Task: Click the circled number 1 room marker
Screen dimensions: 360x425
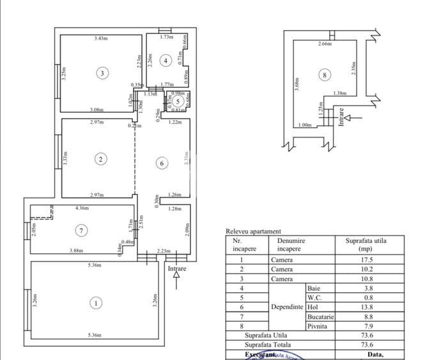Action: (x=96, y=304)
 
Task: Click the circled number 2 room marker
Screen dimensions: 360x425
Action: (x=100, y=159)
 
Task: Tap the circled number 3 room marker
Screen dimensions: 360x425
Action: (x=103, y=73)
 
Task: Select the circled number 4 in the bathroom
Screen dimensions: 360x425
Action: (x=165, y=61)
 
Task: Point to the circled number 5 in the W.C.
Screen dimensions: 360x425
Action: (x=179, y=101)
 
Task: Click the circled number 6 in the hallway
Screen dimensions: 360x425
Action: (x=162, y=164)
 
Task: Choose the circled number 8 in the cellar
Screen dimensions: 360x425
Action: (x=325, y=75)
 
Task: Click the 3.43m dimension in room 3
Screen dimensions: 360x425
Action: (x=100, y=39)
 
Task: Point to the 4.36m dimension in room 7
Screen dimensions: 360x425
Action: (x=81, y=208)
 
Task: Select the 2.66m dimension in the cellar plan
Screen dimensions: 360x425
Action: (x=325, y=44)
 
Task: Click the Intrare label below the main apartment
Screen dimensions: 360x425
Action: (x=178, y=269)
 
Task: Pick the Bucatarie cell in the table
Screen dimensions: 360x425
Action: (x=320, y=316)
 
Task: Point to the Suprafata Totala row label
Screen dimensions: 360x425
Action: (x=265, y=344)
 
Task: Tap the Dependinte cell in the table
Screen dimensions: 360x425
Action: (x=286, y=306)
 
